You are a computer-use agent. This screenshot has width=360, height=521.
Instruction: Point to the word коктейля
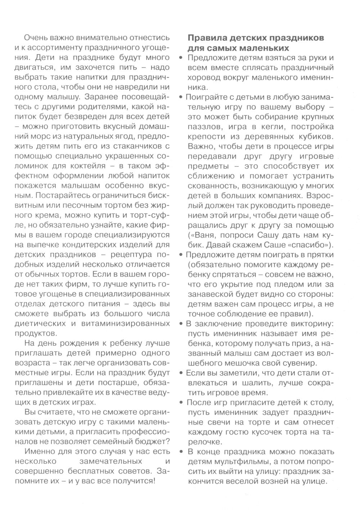(91, 166)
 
